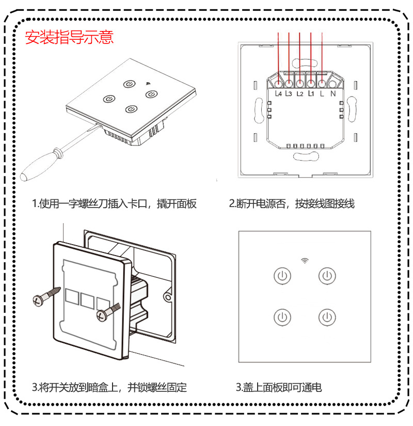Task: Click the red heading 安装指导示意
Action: (69, 38)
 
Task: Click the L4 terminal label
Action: (278, 94)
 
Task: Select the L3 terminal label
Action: (289, 94)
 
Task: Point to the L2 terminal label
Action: (299, 94)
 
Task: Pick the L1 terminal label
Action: (311, 94)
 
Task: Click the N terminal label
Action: (333, 94)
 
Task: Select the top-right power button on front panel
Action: (326, 276)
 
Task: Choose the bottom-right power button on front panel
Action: (326, 317)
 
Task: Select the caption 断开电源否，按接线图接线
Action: (292, 203)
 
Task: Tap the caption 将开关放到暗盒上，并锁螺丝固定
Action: (109, 387)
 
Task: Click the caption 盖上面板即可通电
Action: (279, 387)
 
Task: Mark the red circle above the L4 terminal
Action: (279, 83)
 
